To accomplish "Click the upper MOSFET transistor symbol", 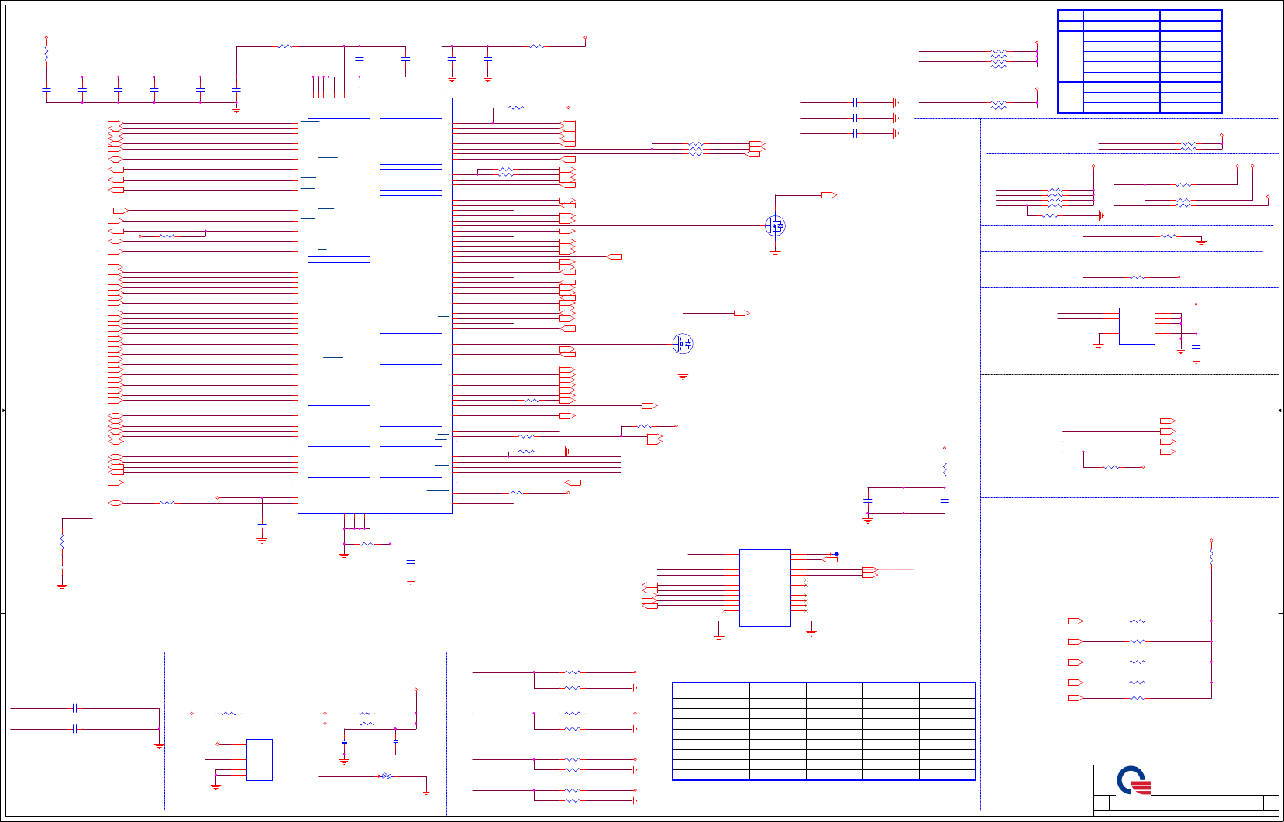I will point(775,225).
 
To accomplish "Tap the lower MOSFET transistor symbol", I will point(683,344).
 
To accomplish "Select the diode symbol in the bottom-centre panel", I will point(386,776).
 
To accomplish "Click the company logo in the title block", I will point(1134,780).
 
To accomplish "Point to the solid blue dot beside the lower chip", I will point(837,554).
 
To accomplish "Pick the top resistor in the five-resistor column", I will point(1137,621).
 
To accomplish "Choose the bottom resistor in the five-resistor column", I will point(1137,698).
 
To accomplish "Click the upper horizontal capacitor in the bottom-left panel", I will point(74,708).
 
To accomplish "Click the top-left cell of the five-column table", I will point(711,690).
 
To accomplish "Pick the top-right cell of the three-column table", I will point(1190,15).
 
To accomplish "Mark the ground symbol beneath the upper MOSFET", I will point(775,253).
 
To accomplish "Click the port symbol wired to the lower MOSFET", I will point(742,313).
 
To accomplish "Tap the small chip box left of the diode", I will point(260,760).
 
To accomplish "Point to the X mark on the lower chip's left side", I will point(725,610).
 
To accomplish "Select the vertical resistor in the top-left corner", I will point(46,54).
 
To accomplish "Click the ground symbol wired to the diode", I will point(426,792).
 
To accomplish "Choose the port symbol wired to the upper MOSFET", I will point(829,195).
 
